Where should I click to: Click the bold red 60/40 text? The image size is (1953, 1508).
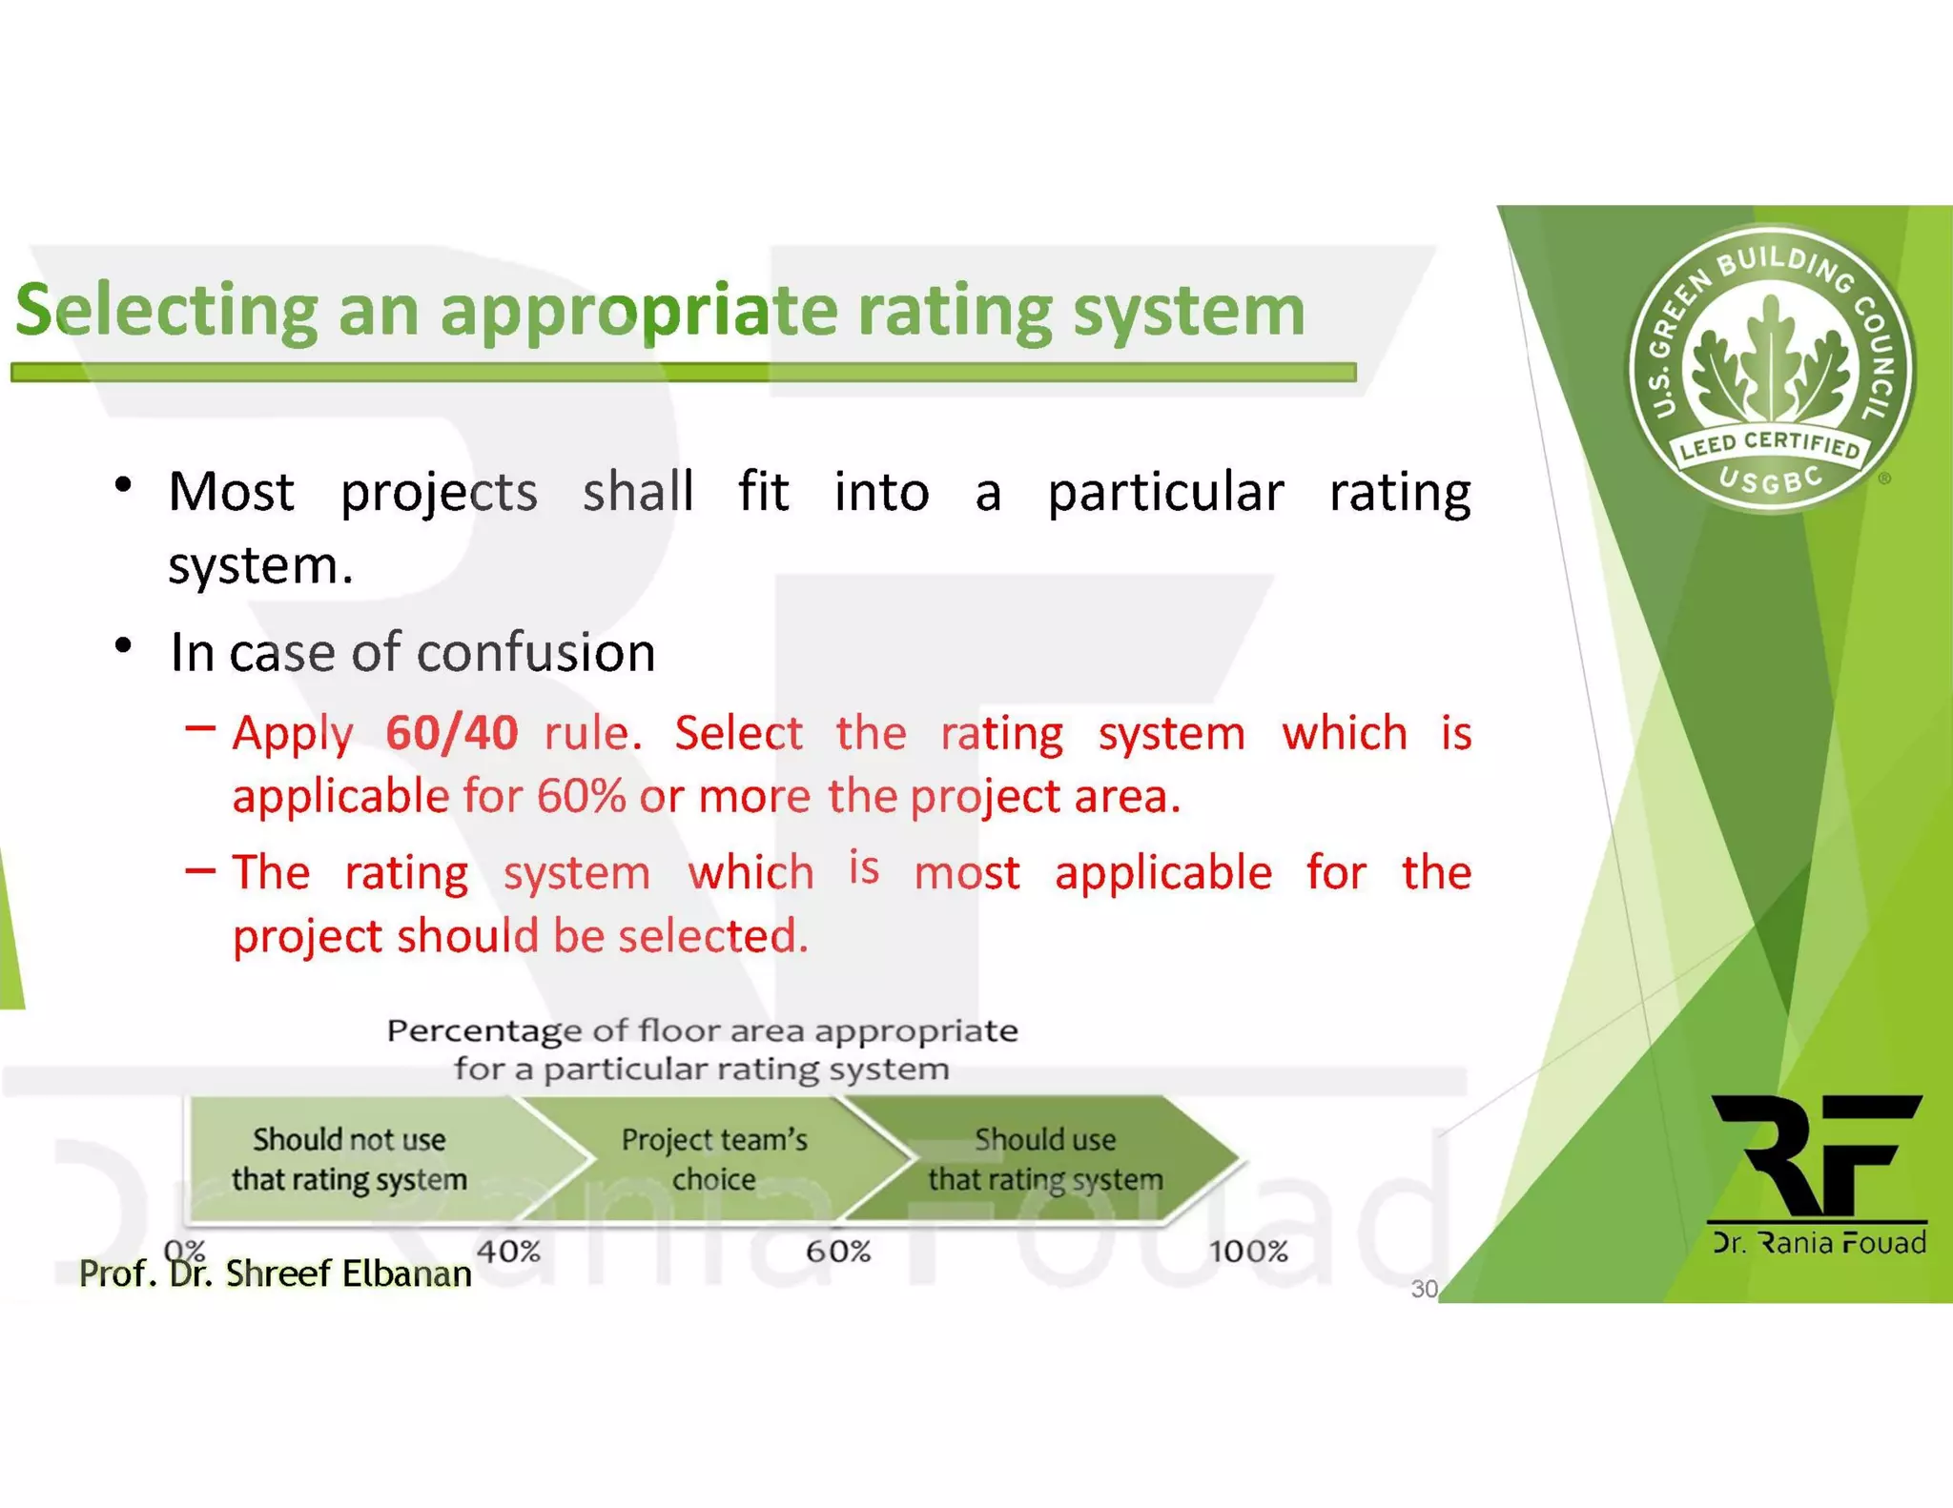[451, 733]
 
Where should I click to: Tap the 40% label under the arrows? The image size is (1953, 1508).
[508, 1251]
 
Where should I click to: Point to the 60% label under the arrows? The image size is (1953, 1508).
[837, 1251]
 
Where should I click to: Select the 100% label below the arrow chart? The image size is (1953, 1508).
[1248, 1251]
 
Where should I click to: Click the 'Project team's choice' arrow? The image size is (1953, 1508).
[715, 1159]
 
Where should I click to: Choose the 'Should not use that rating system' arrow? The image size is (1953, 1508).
[350, 1159]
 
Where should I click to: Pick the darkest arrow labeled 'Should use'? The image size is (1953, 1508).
[1045, 1159]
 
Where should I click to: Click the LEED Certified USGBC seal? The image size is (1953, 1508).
[1770, 370]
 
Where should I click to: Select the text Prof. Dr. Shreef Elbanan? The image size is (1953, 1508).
[275, 1274]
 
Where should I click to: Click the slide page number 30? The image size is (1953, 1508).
[1424, 1289]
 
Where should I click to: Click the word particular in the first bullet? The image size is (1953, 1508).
[1165, 493]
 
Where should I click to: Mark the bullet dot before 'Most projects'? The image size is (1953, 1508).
[122, 485]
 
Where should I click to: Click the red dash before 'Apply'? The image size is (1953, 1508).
[200, 729]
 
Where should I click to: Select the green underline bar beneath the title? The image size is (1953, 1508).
[683, 372]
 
